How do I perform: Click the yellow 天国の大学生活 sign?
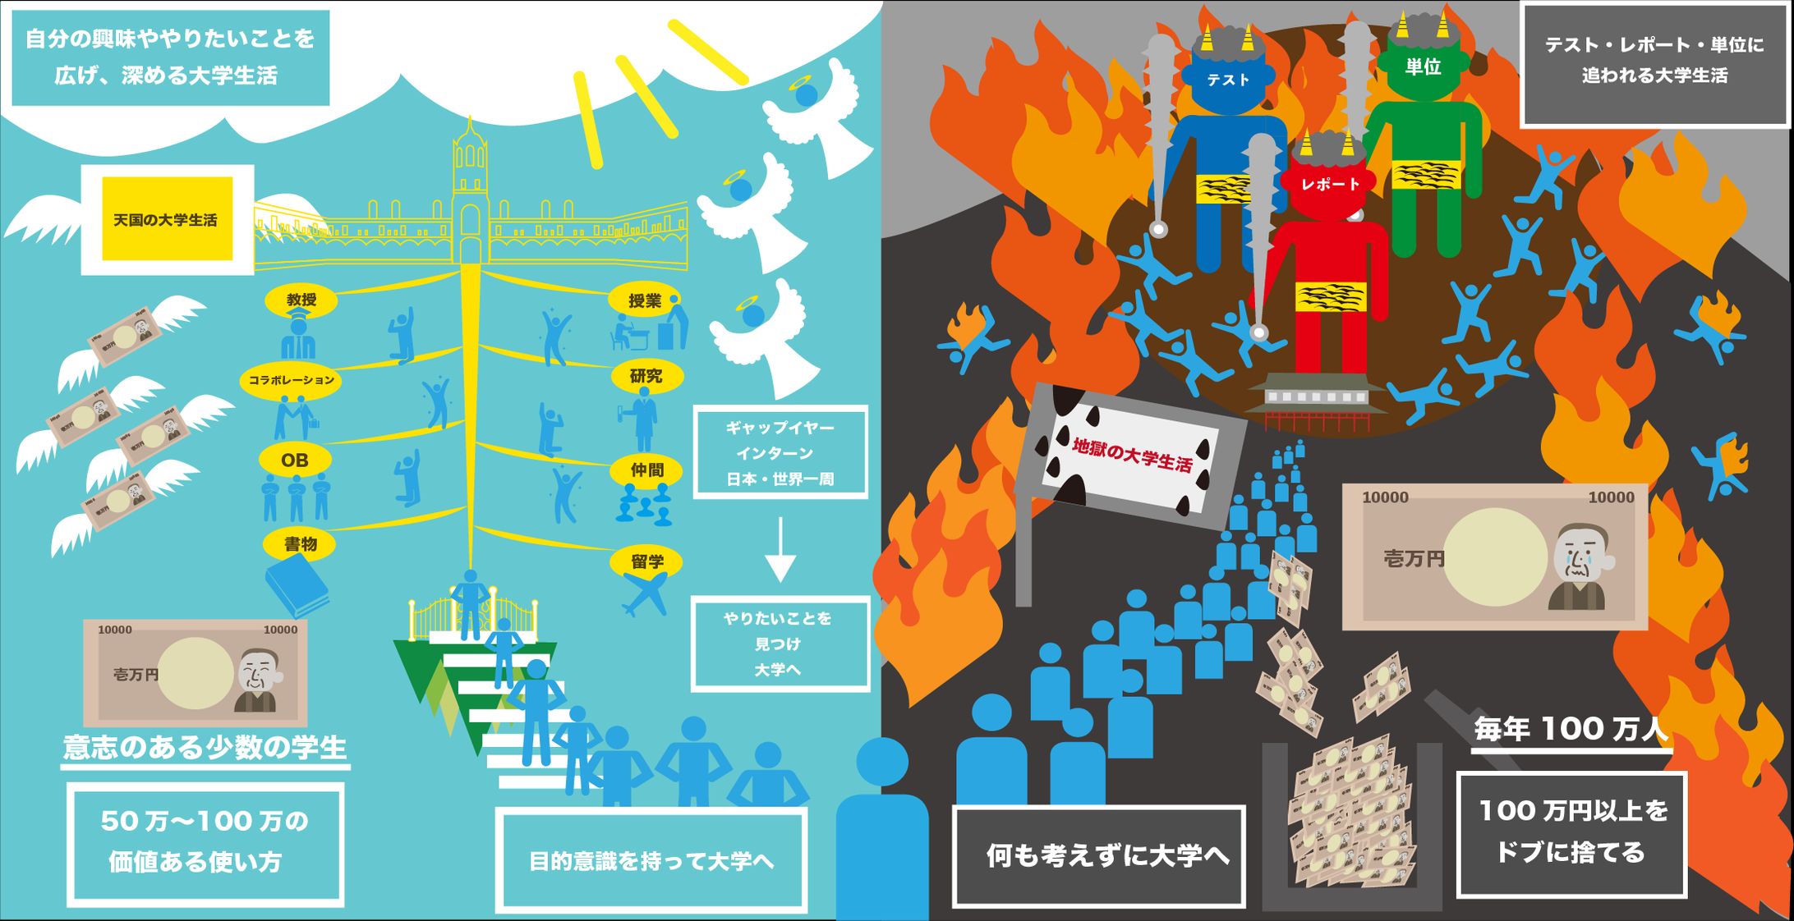pos(167,219)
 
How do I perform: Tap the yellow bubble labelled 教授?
pos(301,300)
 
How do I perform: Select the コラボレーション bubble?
pos(292,380)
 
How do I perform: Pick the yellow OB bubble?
pos(295,460)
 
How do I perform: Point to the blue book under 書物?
pos(297,585)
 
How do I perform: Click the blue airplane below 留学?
pos(646,595)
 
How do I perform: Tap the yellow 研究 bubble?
pos(646,376)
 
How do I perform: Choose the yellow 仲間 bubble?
pos(646,470)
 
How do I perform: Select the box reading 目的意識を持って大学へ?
pos(651,860)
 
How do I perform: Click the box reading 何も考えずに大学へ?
pos(1099,856)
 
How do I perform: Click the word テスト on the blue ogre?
pos(1228,80)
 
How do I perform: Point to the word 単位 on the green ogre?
pos(1423,67)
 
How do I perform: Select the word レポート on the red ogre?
pos(1330,185)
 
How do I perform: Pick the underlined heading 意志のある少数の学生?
pos(205,748)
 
